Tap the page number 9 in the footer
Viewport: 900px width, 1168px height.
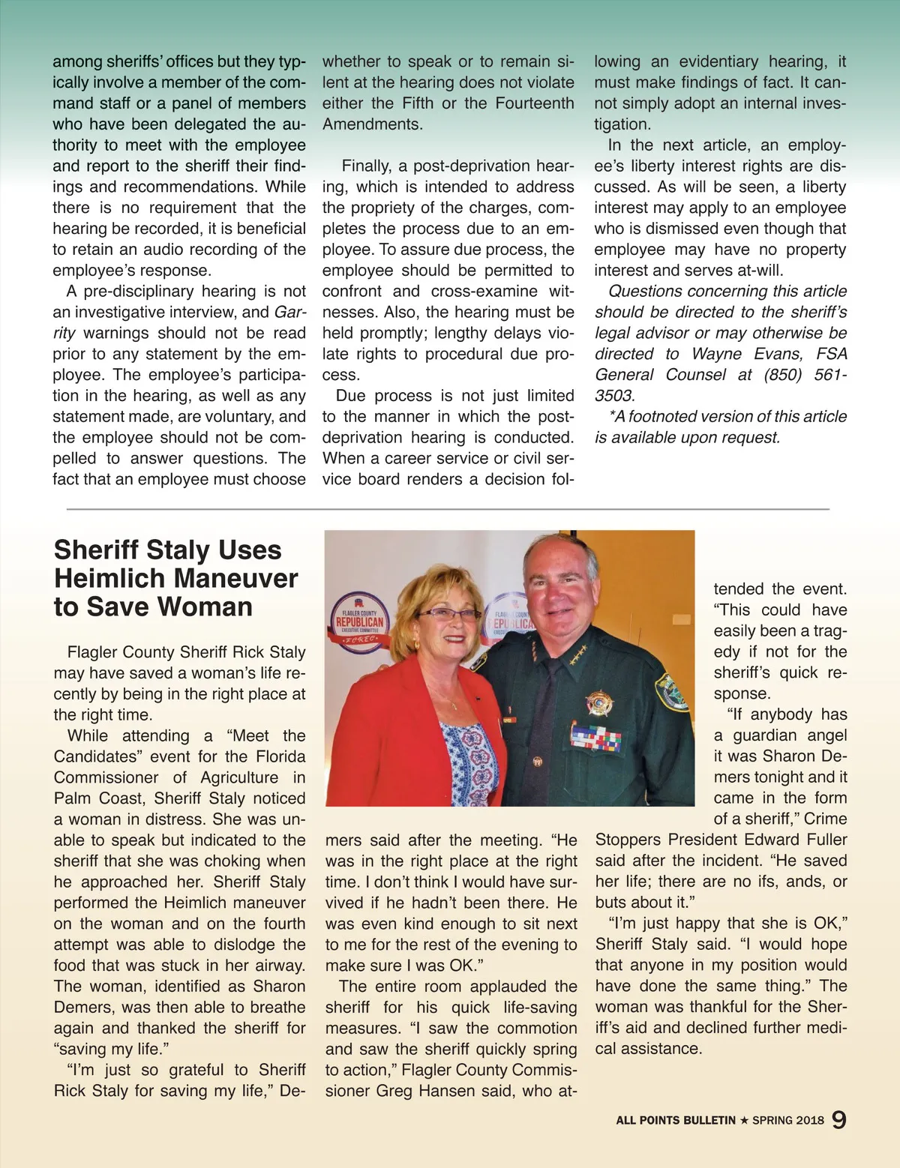[x=839, y=1119]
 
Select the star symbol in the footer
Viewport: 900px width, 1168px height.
[x=744, y=1120]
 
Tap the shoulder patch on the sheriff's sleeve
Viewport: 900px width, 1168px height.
[x=672, y=692]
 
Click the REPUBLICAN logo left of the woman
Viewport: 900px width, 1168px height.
[x=359, y=621]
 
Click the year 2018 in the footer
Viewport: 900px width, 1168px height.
[x=809, y=1120]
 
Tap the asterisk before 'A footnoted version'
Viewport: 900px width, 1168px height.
[x=613, y=415]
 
